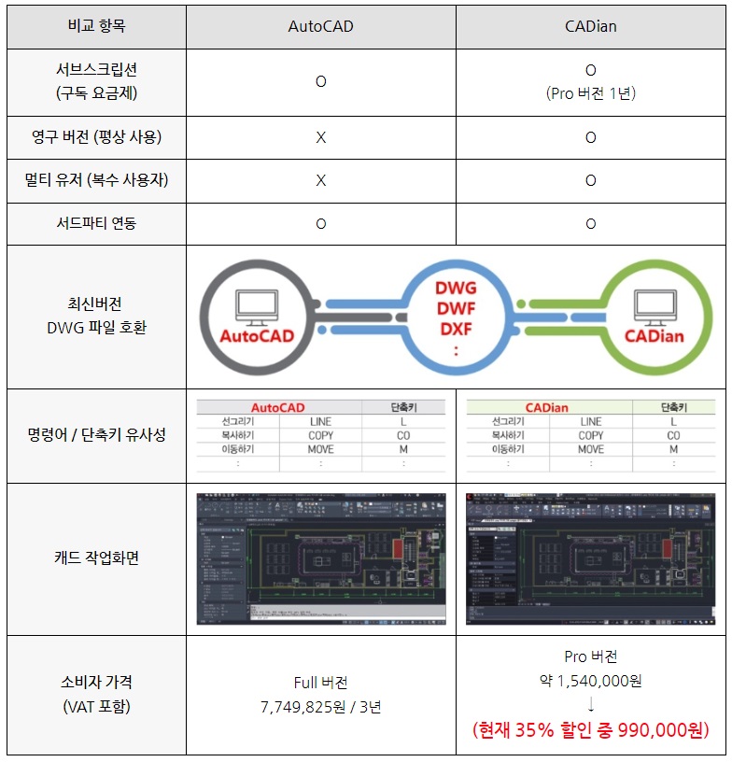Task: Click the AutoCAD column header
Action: tap(321, 26)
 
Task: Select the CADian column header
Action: tap(590, 26)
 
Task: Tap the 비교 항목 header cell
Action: tap(96, 26)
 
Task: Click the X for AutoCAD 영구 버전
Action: tap(321, 138)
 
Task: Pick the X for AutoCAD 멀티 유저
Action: tap(321, 181)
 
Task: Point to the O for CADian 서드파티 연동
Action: tap(590, 224)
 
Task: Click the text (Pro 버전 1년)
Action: tap(590, 93)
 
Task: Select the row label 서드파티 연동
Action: tap(96, 224)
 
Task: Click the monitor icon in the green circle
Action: tap(655, 303)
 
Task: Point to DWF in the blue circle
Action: tap(457, 307)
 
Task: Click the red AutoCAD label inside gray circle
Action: tap(263, 335)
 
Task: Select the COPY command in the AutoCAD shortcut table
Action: tap(320, 435)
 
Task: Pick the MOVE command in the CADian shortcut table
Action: tap(590, 449)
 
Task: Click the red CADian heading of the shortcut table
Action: tap(546, 407)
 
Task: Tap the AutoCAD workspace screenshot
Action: tap(321, 558)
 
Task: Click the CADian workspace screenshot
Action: tap(590, 558)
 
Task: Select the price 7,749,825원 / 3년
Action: tap(321, 707)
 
